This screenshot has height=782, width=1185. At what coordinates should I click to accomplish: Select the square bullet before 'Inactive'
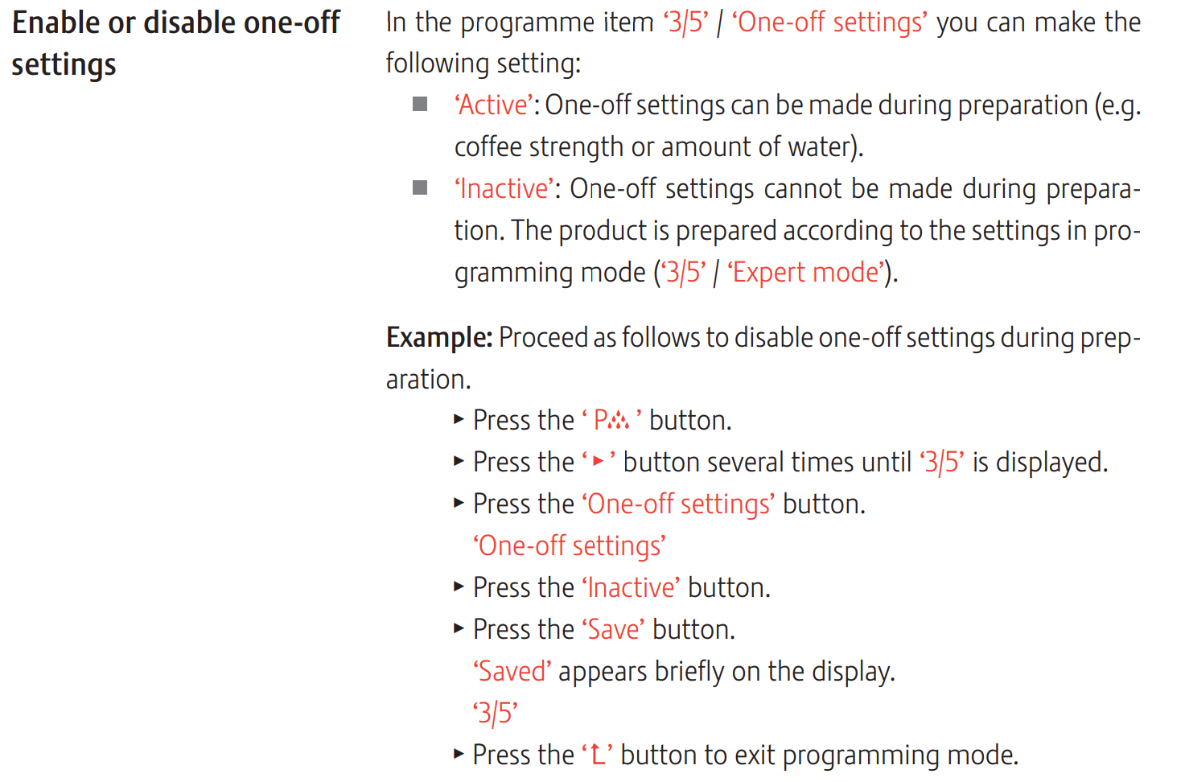419,187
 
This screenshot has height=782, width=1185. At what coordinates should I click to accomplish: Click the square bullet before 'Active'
419,104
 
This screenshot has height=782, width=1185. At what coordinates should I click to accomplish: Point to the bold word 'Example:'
439,338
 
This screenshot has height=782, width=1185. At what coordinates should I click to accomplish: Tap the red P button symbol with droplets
611,420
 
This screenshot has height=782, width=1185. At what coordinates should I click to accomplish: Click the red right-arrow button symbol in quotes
599,461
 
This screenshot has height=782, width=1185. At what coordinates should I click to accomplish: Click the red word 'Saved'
512,672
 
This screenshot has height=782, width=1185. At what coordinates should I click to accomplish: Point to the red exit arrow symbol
597,755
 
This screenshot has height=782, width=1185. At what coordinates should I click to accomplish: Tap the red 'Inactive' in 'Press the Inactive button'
632,588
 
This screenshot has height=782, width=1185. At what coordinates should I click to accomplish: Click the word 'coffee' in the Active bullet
488,146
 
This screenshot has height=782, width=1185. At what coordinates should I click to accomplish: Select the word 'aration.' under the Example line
429,380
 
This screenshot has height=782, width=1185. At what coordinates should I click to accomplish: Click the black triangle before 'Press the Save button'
459,628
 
